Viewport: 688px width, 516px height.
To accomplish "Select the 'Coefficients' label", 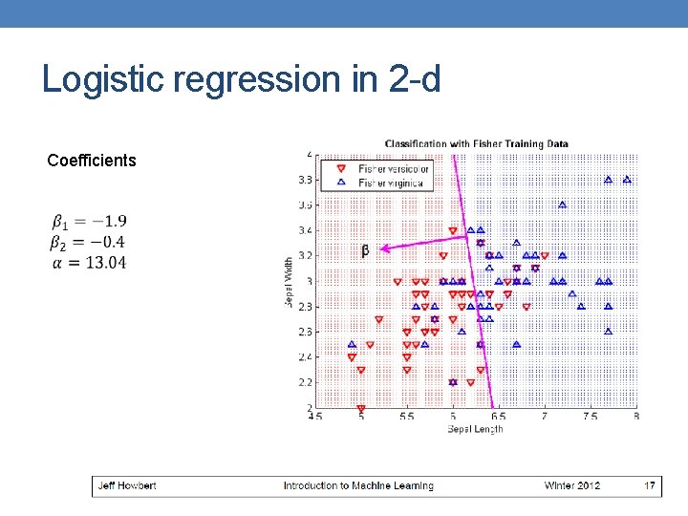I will (x=92, y=161).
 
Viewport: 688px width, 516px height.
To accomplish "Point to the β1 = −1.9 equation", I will (x=89, y=222).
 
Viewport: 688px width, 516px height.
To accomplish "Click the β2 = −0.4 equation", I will (x=89, y=242).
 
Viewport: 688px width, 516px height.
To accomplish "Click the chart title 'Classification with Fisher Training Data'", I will (x=476, y=144).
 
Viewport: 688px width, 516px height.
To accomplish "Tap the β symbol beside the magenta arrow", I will (x=365, y=251).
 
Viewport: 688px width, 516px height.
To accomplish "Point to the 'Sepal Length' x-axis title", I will (x=475, y=429).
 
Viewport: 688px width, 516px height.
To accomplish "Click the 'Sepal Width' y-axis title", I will (x=289, y=281).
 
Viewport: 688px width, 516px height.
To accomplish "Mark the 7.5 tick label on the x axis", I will (x=591, y=417).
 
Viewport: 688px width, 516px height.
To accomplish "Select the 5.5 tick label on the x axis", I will (x=407, y=417).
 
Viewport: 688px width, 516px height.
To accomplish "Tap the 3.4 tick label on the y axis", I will (x=304, y=230).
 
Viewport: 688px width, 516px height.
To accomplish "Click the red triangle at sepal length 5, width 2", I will (x=361, y=408).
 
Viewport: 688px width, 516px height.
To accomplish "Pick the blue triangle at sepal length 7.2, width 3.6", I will (x=563, y=204).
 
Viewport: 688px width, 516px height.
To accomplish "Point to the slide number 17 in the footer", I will (x=650, y=485).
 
